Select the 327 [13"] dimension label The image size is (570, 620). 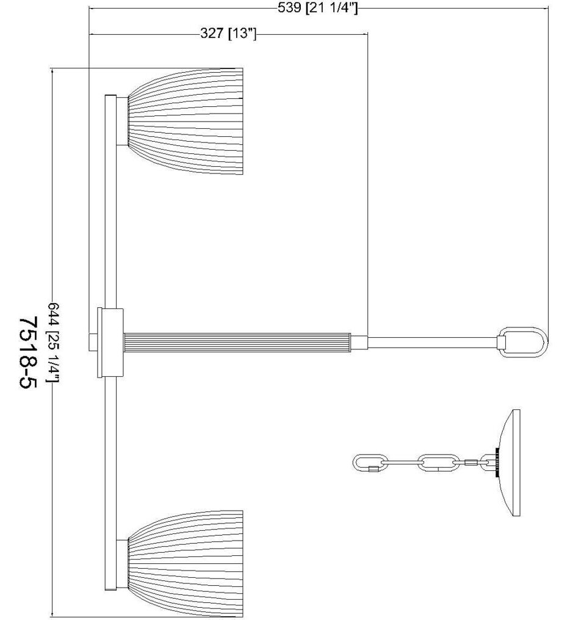pos(228,34)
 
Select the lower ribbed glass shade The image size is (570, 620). pos(189,561)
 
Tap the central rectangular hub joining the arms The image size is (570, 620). pos(112,343)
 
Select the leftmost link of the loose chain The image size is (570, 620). pos(369,462)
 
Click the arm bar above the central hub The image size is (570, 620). pos(111,202)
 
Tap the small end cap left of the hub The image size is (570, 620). pos(93,343)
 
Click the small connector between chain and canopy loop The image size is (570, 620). pos(470,462)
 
